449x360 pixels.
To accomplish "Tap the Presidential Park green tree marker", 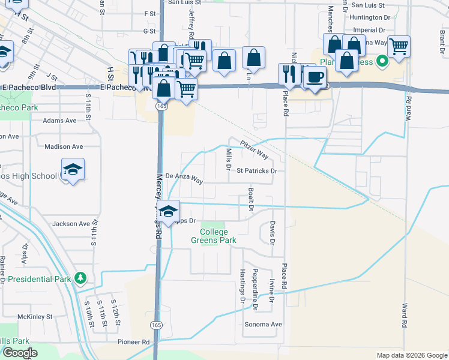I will pos(79,278).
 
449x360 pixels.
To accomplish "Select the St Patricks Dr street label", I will pos(256,170).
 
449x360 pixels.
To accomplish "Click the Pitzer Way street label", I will pos(254,149).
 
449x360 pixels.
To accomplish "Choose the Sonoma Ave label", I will pos(263,324).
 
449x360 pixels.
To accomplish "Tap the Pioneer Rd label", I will pos(133,341).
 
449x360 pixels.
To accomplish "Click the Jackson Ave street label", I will pos(71,224).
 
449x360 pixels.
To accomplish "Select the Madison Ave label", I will pos(64,146).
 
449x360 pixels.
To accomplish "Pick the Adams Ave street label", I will pos(59,120).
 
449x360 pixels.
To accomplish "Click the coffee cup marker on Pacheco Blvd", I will pos(315,76).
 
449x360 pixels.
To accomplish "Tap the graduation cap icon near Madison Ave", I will pos(73,169).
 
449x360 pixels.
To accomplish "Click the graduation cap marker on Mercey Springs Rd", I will pos(169,211).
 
